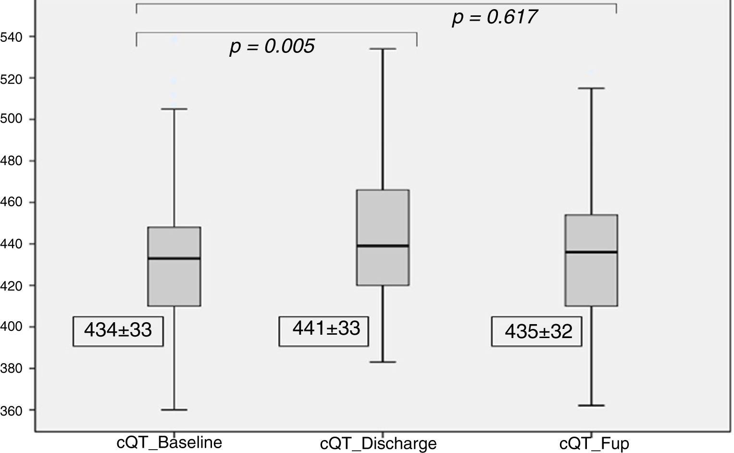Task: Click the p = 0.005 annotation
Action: click(x=272, y=46)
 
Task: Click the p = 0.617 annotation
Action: click(x=494, y=17)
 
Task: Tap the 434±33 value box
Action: click(x=118, y=331)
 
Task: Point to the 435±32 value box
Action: click(x=538, y=331)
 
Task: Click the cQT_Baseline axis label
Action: click(x=169, y=442)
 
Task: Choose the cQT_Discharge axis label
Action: click(x=378, y=443)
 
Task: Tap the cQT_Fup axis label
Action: click(x=594, y=443)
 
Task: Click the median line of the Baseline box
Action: click(x=174, y=258)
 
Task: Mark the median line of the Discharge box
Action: click(x=383, y=246)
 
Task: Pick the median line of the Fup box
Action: click(x=591, y=252)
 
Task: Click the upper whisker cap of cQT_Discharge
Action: click(x=383, y=49)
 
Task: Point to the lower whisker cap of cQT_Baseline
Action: click(x=174, y=410)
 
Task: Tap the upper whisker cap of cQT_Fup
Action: click(x=591, y=88)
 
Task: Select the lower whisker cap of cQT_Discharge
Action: click(x=383, y=362)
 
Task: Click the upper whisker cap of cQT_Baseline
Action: click(x=174, y=109)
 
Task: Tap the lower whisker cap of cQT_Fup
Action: click(x=591, y=405)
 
